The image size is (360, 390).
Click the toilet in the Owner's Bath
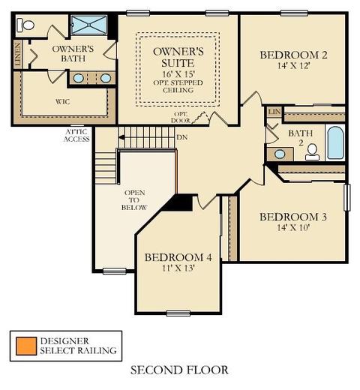(x=25, y=25)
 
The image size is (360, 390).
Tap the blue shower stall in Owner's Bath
(x=88, y=25)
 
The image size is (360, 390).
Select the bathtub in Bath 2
(x=335, y=142)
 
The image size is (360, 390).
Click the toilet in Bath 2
(x=312, y=152)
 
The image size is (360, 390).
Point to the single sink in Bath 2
(x=280, y=154)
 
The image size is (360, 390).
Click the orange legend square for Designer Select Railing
(x=26, y=346)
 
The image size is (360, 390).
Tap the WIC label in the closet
(x=62, y=102)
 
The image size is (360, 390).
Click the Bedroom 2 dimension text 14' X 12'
(x=294, y=66)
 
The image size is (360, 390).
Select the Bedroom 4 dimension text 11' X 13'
(x=178, y=268)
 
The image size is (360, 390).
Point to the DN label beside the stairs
(x=182, y=137)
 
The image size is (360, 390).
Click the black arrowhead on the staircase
(x=121, y=137)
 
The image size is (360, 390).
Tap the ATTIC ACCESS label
(x=76, y=136)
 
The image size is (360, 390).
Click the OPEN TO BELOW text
(x=134, y=200)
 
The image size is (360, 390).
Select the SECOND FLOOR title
(x=179, y=370)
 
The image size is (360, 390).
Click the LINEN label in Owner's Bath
(x=17, y=54)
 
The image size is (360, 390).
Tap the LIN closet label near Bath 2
(x=274, y=112)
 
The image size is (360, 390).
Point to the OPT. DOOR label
(x=180, y=117)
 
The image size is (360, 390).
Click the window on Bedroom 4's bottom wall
(x=178, y=313)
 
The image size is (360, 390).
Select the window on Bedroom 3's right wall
(x=346, y=197)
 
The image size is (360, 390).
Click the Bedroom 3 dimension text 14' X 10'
(x=293, y=228)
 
